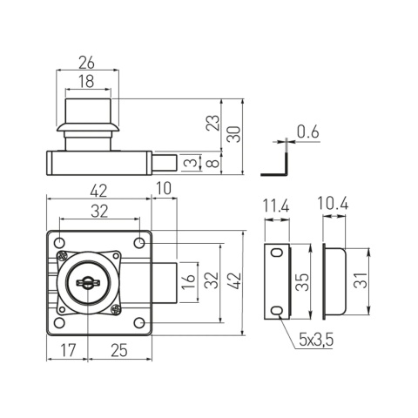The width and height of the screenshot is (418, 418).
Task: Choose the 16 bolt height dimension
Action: coord(189,281)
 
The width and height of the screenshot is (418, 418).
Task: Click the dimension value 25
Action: coord(120,351)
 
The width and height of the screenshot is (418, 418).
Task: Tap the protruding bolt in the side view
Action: coord(169,162)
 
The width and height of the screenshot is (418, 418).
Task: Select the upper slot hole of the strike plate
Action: coord(276,253)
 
